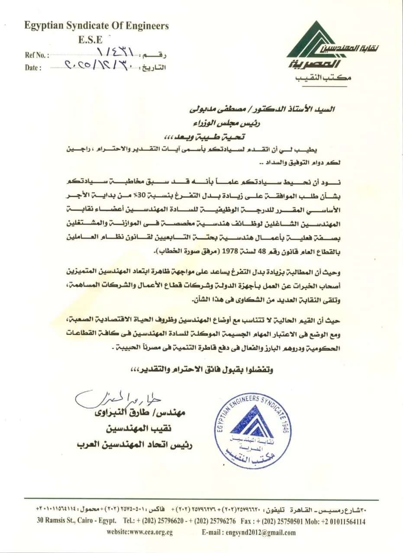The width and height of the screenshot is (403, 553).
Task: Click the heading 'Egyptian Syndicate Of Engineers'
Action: pos(97,26)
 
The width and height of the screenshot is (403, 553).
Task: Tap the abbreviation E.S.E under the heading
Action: pos(90,40)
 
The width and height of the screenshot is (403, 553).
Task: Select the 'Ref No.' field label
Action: pos(36,55)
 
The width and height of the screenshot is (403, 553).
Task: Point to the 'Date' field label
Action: pos(33,68)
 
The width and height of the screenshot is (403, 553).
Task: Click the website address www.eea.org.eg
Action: pos(140,532)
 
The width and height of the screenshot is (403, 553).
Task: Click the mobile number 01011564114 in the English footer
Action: pos(343,521)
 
